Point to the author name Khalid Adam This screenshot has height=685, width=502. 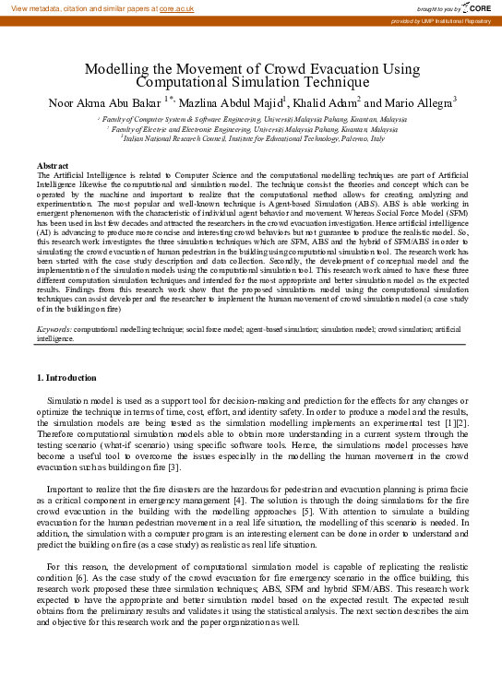(328, 102)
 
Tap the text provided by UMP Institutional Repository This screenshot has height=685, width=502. (441, 20)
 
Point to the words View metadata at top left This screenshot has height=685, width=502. (33, 7)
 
